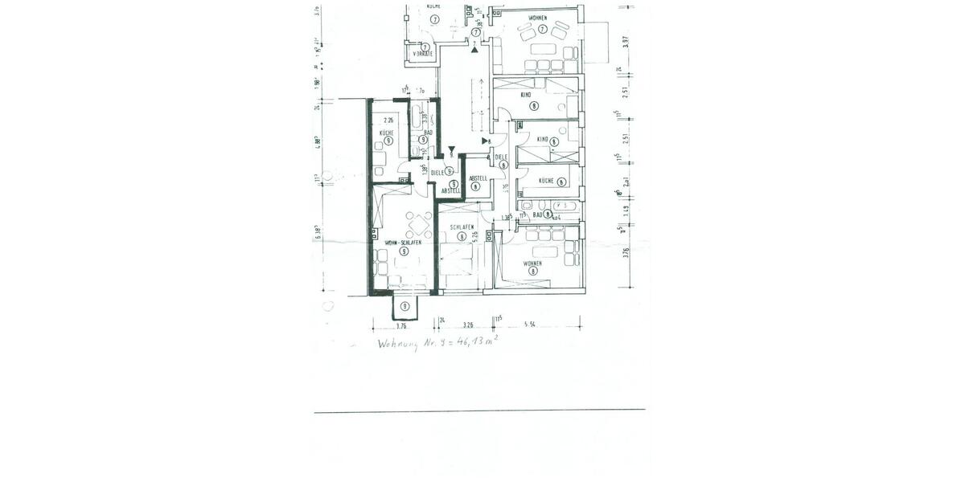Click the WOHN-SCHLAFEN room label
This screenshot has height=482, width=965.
pyautogui.click(x=403, y=242)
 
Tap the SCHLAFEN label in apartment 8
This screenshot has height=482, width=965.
pyautogui.click(x=461, y=227)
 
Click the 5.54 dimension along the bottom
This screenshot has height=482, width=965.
pyautogui.click(x=530, y=325)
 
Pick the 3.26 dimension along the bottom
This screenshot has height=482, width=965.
pyautogui.click(x=467, y=325)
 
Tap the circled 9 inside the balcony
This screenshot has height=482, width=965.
pyautogui.click(x=405, y=306)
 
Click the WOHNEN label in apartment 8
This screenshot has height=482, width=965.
pyautogui.click(x=532, y=263)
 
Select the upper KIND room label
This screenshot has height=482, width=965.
pyautogui.click(x=527, y=95)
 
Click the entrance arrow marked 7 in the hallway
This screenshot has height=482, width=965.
pyautogui.click(x=475, y=48)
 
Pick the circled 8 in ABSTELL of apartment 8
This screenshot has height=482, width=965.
pyautogui.click(x=476, y=186)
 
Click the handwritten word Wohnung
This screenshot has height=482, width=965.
pyautogui.click(x=401, y=344)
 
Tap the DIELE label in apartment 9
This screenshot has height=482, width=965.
pyautogui.click(x=437, y=172)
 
